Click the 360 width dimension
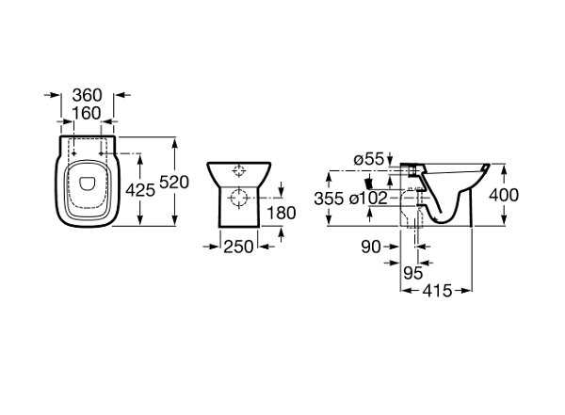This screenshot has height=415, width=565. click(88, 95)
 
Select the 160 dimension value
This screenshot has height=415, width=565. click(87, 113)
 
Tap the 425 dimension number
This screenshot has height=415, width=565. click(140, 190)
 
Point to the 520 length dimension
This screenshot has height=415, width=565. click(174, 183)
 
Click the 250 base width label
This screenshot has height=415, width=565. click(238, 247)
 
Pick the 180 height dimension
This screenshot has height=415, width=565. click(281, 213)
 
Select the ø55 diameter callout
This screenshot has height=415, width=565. click(369, 159)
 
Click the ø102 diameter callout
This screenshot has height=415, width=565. click(368, 199)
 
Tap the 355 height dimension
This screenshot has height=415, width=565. click(329, 199)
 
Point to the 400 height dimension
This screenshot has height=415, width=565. click(504, 195)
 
